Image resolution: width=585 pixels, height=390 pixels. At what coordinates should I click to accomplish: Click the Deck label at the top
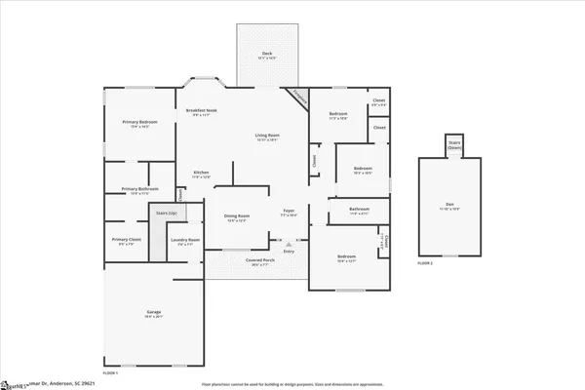pos(260,55)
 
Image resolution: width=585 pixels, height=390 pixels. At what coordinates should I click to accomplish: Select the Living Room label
pos(268,136)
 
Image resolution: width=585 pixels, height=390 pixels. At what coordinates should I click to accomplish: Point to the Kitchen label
pos(201,174)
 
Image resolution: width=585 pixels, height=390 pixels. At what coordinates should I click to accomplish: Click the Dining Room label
pos(237,217)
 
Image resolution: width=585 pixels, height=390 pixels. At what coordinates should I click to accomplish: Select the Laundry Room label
pos(184,241)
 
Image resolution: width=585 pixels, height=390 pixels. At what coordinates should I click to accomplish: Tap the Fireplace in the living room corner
pos(298,97)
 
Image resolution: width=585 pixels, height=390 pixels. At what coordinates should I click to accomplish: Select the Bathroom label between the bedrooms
pos(359,211)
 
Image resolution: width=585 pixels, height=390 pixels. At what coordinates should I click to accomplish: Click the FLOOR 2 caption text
pos(424,263)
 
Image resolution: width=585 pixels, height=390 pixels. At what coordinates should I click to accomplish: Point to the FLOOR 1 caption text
pos(110,373)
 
